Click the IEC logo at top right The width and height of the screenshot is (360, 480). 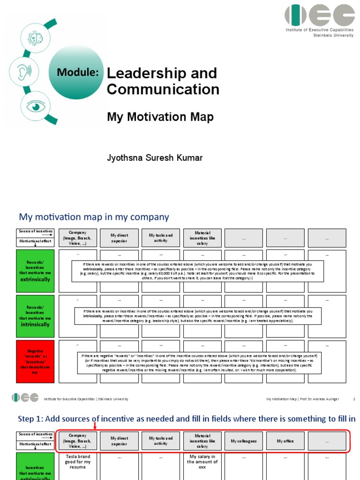coord(319,15)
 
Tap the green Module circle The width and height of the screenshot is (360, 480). coord(78,72)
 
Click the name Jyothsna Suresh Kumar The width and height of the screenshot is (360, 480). coord(155,157)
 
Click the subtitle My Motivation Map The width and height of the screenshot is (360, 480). coord(160,117)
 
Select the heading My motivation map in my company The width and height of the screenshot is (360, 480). coord(94,217)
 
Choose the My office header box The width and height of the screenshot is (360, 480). coord(285,441)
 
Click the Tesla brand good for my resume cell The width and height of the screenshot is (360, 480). coord(77,462)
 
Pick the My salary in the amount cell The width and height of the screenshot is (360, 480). coord(202,462)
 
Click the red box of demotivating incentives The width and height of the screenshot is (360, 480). coord(35,361)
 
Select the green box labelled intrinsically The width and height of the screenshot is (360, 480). coord(35,315)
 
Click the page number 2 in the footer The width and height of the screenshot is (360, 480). coord(354,399)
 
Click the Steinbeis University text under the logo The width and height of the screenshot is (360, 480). coord(333,35)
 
